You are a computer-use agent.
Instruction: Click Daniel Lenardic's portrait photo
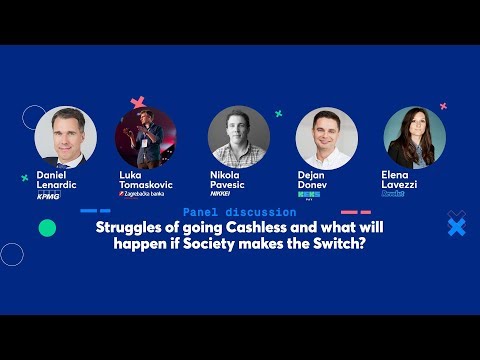[66, 136]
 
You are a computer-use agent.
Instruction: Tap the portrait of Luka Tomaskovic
[146, 137]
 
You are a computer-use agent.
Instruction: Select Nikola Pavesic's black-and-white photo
[238, 136]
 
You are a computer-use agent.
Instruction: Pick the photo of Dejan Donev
[327, 137]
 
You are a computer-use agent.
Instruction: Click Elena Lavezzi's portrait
[415, 137]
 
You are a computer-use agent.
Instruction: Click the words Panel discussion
[239, 212]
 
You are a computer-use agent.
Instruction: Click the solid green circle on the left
[47, 228]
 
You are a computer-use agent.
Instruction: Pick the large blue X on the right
[456, 227]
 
